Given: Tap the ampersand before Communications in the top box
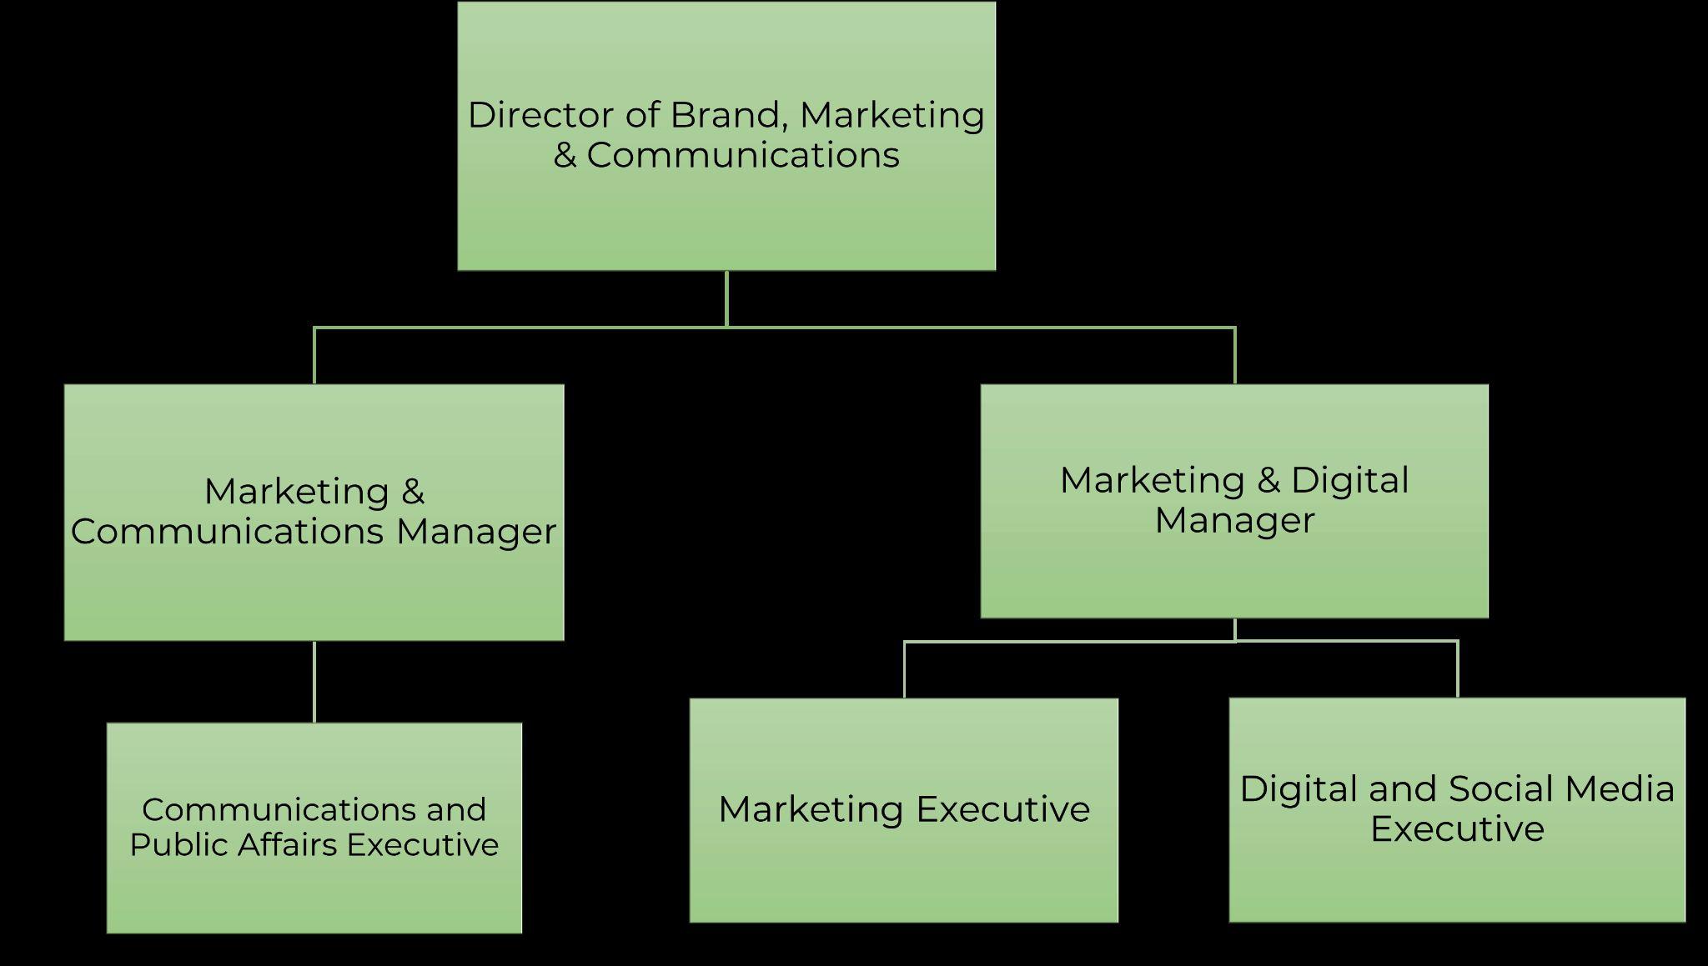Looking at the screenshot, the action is (x=565, y=155).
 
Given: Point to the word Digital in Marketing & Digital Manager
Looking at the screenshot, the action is (x=1349, y=480).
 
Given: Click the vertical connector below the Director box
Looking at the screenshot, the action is (x=726, y=298).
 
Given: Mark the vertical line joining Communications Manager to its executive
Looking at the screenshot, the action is (x=314, y=681).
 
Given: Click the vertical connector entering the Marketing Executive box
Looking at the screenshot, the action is (x=905, y=669).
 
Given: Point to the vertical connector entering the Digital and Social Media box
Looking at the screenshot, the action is (x=1457, y=669).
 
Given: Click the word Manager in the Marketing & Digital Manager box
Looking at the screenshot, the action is (x=1234, y=520).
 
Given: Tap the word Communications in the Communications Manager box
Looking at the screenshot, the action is (x=227, y=532).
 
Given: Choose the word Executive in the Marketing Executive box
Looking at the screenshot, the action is (x=1002, y=809).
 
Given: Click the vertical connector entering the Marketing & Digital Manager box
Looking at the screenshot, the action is (x=1234, y=356).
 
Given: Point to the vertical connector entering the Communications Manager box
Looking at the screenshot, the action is (x=314, y=356).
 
